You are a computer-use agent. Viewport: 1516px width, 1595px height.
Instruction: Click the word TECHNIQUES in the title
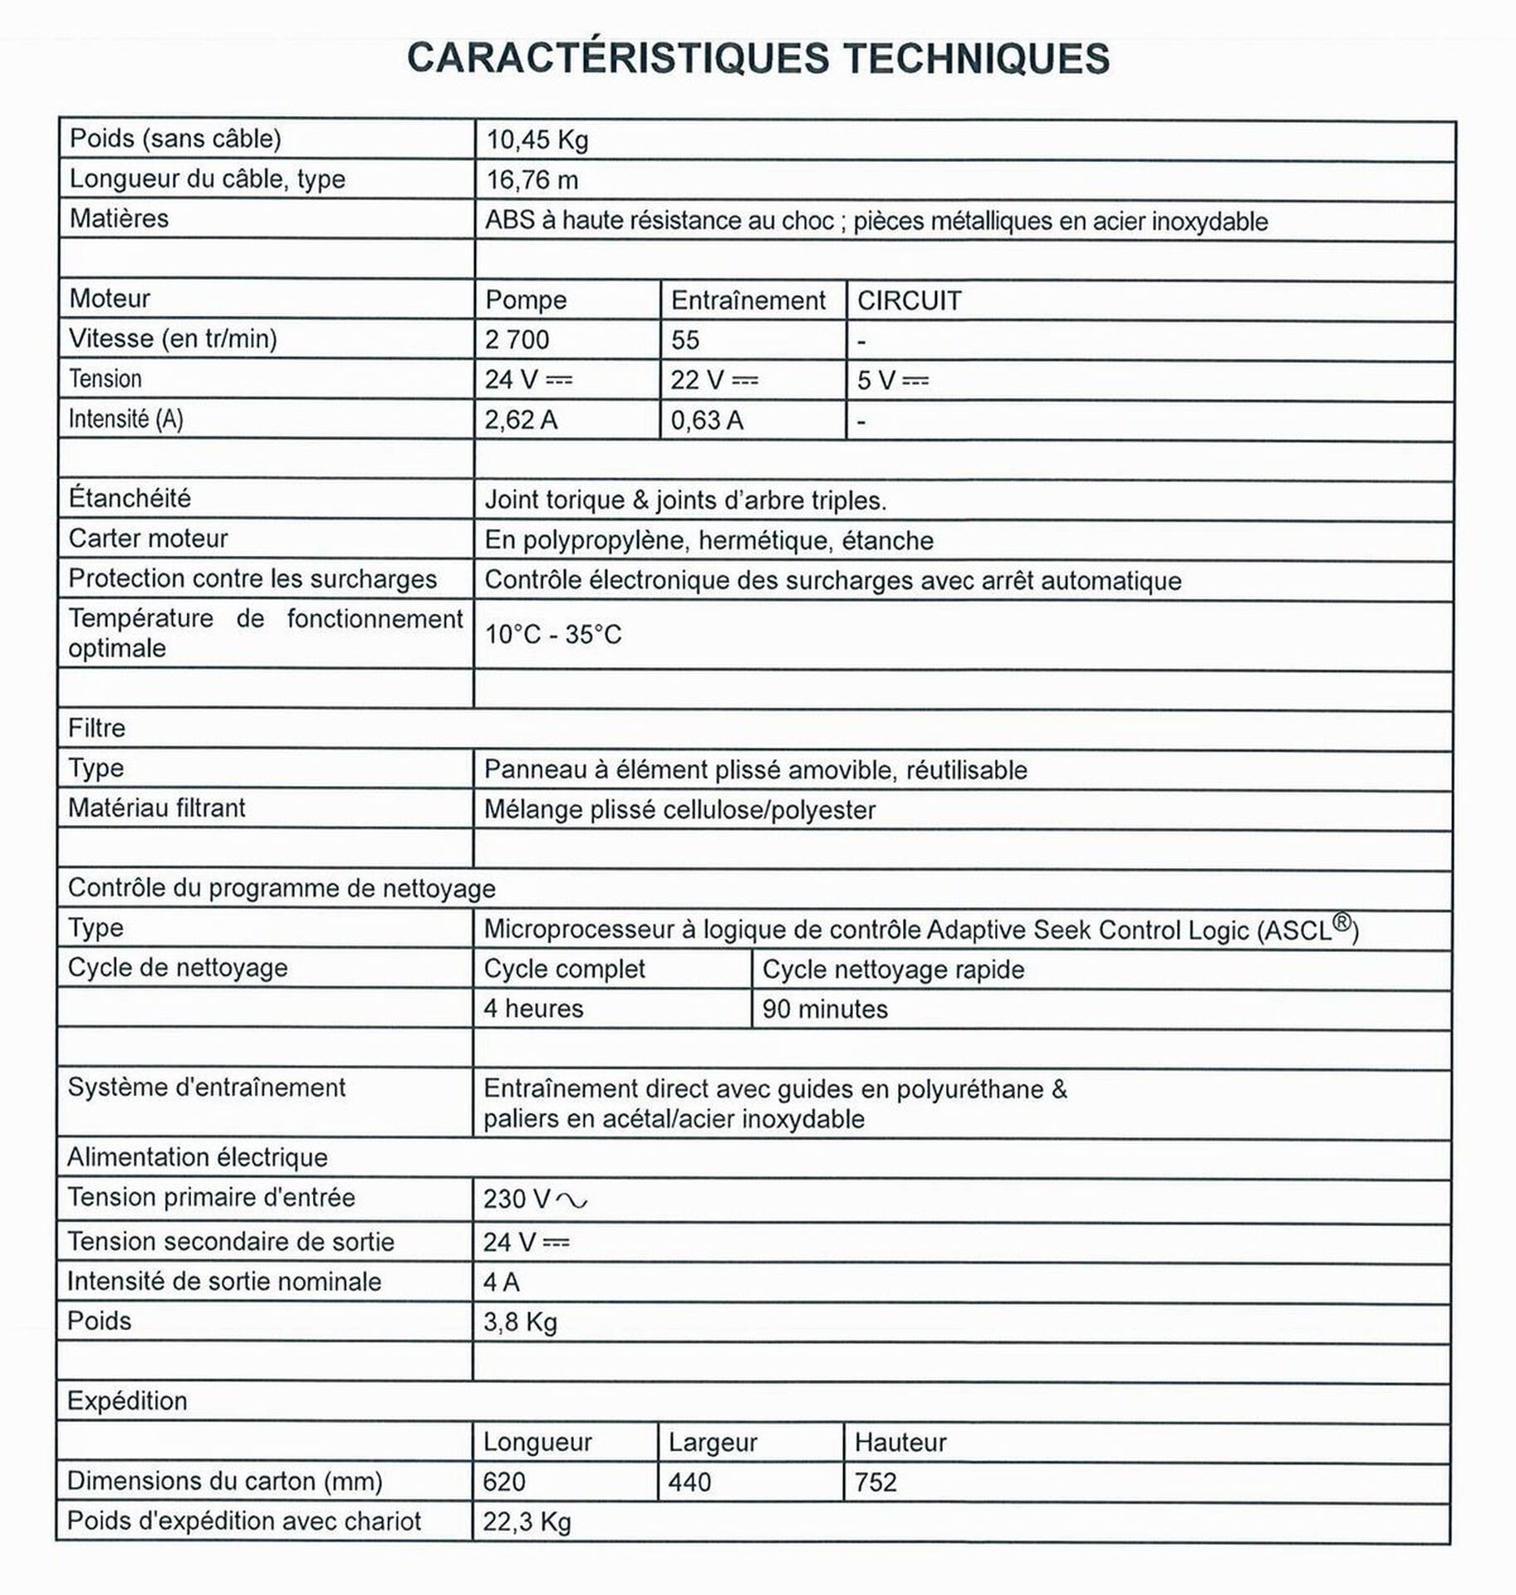coord(976,58)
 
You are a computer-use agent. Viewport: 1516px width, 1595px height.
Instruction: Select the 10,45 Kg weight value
coord(537,140)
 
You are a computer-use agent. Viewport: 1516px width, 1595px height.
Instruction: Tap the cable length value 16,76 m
coord(532,179)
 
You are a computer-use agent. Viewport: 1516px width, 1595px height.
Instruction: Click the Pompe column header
coord(526,300)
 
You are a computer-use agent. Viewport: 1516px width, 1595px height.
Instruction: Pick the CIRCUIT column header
coord(909,301)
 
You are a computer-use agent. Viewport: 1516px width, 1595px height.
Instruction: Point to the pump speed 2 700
coord(517,340)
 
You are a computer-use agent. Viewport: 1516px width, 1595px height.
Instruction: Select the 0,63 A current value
coord(706,420)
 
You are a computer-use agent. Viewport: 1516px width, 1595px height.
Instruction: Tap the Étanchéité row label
coord(130,498)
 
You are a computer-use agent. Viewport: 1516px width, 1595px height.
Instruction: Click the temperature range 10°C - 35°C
coord(553,635)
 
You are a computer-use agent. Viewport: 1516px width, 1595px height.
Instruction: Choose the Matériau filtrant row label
coord(156,808)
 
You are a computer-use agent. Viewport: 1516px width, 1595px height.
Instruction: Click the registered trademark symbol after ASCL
coord(1342,922)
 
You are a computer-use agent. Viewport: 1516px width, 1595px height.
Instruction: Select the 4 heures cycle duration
coord(533,1009)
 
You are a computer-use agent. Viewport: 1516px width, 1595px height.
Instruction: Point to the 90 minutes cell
coord(825,1009)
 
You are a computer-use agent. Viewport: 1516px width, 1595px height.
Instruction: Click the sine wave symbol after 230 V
coord(572,1200)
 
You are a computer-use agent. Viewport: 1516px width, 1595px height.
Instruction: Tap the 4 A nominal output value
coord(502,1283)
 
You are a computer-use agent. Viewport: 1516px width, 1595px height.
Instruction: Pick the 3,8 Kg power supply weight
coord(520,1323)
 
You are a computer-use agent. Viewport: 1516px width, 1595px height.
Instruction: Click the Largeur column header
coord(713,1443)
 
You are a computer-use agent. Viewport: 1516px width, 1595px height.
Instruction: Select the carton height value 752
coord(876,1483)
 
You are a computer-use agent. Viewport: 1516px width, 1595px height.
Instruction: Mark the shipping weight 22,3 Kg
coord(527,1523)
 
